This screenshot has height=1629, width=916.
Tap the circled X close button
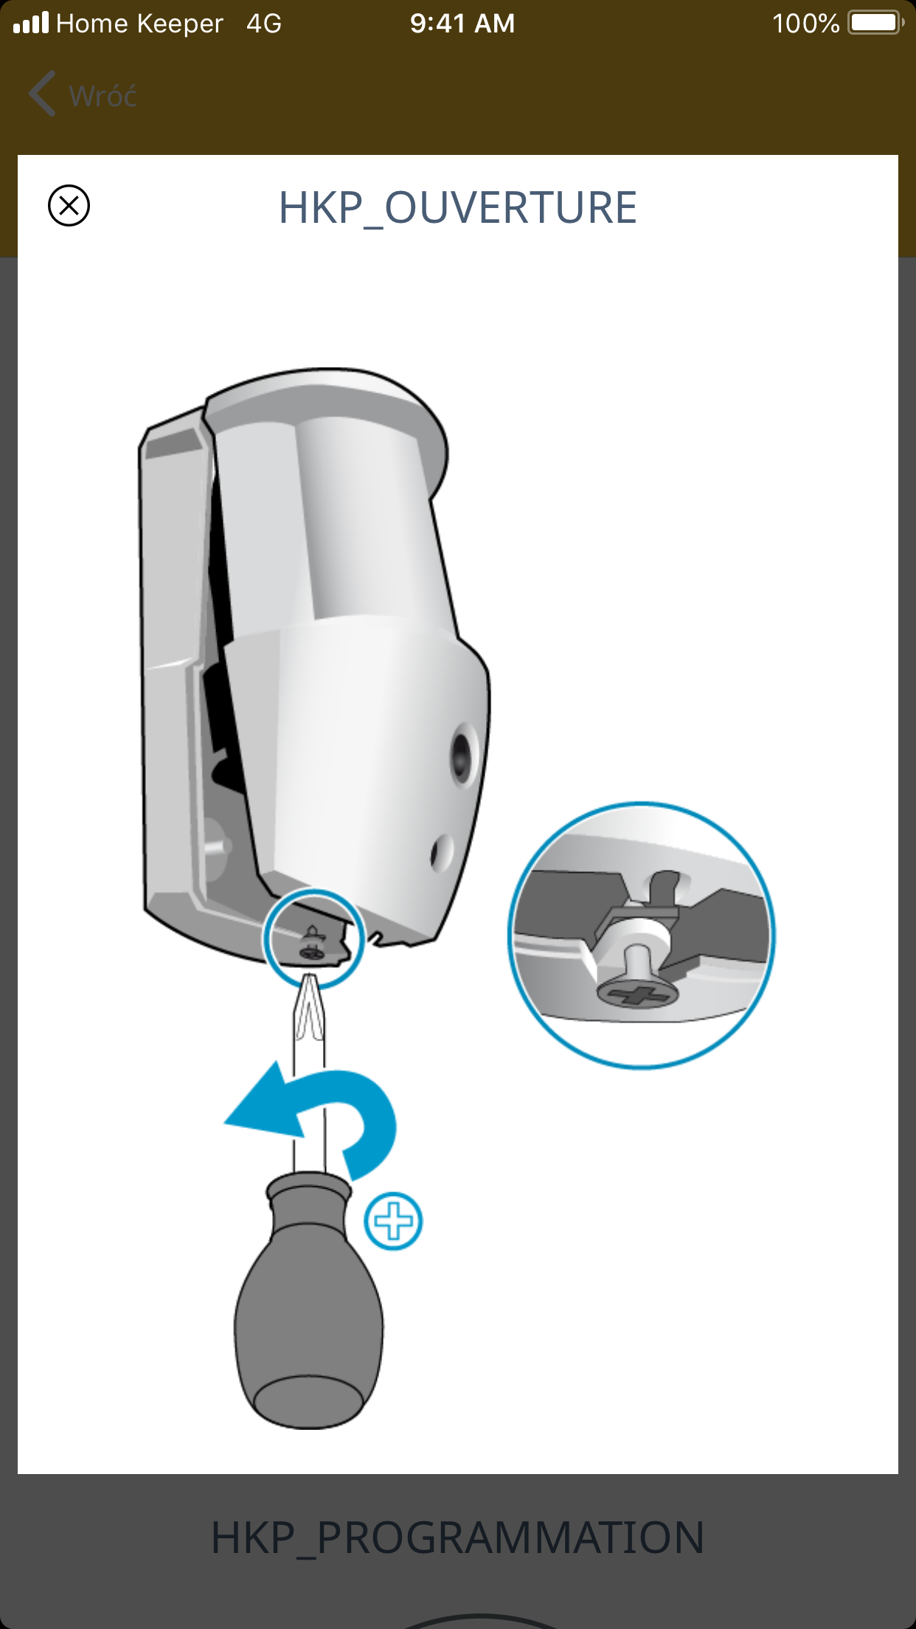[69, 205]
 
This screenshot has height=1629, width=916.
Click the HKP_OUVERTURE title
[457, 208]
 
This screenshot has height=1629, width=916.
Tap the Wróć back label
[103, 96]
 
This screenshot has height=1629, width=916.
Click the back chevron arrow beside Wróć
[42, 94]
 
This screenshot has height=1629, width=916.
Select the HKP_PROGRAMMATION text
[457, 1538]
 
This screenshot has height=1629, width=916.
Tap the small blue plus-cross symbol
[394, 1222]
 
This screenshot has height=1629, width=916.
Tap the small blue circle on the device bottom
[314, 938]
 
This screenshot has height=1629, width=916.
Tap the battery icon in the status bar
[876, 23]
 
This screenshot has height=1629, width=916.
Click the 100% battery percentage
[805, 24]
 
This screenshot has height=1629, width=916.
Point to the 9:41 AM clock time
[462, 24]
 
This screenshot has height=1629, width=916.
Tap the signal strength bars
[31, 23]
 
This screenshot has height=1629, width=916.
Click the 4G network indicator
[264, 24]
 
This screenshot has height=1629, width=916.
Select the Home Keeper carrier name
[139, 24]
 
